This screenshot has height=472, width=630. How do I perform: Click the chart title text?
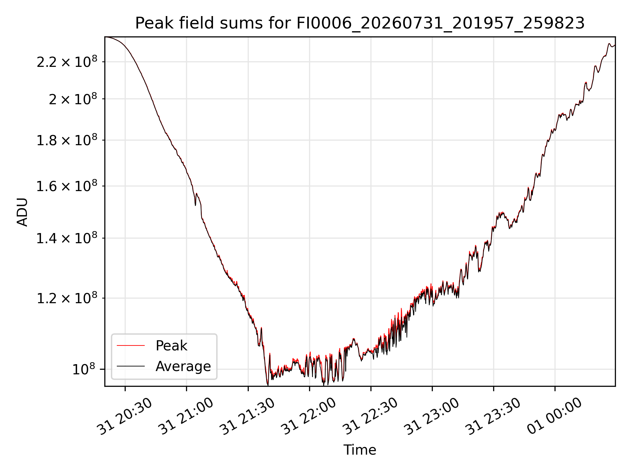360,23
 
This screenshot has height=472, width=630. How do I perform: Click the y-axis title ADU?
22,212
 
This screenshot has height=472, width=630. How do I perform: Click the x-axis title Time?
360,450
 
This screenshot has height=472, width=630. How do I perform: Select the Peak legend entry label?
171,346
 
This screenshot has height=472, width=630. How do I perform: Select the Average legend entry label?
183,366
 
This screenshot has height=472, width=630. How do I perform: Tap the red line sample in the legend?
131,345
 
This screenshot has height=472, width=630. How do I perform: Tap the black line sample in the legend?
131,366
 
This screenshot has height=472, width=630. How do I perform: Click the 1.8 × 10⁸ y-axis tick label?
67,140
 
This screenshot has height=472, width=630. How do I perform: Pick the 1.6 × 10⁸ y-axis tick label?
67,186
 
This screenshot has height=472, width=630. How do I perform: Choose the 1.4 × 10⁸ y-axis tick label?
67,238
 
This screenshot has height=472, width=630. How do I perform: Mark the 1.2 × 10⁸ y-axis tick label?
67,298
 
